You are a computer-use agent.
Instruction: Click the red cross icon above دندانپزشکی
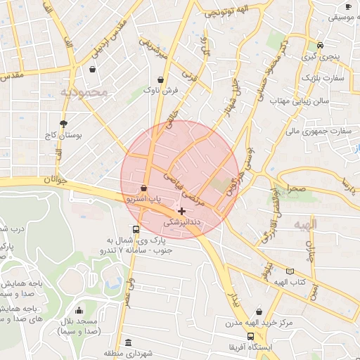(182, 211)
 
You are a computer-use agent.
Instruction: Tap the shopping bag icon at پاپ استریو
(144, 188)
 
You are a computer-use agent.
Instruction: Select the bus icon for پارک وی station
(136, 229)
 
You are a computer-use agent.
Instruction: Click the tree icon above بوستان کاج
(64, 122)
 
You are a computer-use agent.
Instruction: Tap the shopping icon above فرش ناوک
(162, 79)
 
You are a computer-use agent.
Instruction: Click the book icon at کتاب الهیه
(290, 271)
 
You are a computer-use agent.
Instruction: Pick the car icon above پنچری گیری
(320, 44)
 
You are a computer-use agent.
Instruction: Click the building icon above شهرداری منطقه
(128, 342)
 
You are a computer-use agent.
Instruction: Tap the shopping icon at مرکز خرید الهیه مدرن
(259, 311)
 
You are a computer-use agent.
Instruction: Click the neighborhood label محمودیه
(82, 91)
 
